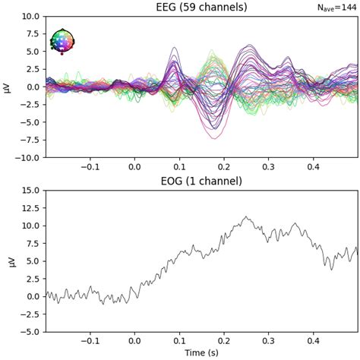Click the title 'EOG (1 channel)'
201,181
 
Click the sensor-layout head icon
62,41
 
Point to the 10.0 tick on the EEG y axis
30,16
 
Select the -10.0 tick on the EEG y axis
28,158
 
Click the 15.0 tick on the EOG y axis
30,190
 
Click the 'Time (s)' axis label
201,354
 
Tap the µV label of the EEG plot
8,87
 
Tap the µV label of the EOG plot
8,261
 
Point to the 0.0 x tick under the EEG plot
134,168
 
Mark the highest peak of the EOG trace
245,216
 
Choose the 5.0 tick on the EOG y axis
33,261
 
